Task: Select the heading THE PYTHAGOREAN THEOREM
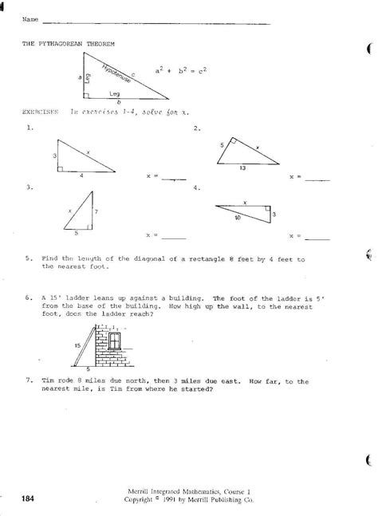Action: [63, 46]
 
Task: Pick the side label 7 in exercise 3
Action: [96, 212]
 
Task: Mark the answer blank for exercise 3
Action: [173, 237]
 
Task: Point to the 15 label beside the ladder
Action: [76, 345]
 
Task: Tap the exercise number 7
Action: [28, 382]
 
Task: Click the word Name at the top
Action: [30, 18]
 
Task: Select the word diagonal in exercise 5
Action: [139, 259]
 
